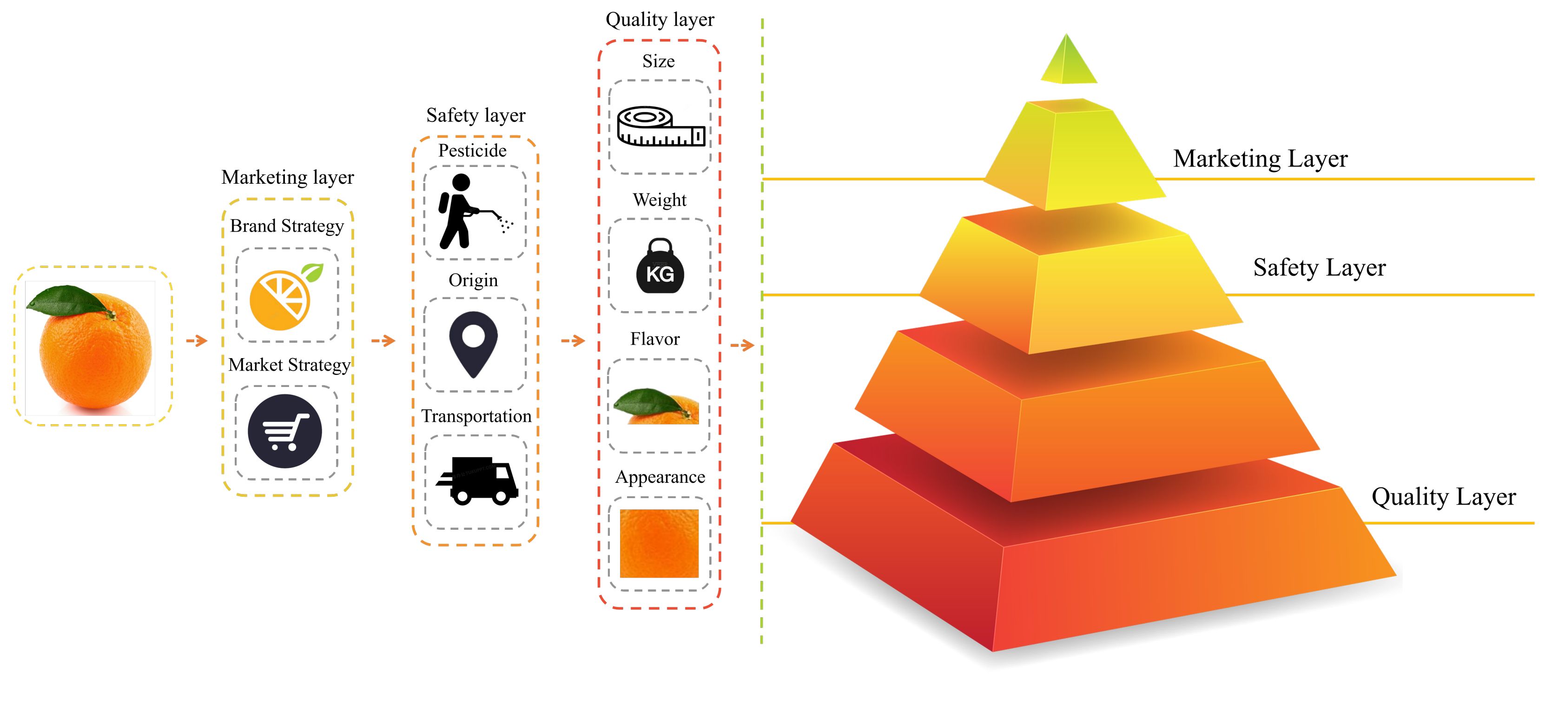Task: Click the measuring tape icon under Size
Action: click(660, 127)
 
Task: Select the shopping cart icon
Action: click(285, 432)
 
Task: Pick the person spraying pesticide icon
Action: click(471, 211)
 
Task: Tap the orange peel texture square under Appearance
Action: click(659, 543)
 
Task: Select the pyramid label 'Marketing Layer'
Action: click(1260, 159)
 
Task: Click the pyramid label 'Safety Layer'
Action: click(1319, 267)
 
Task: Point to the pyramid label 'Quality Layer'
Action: click(1443, 497)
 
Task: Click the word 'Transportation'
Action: click(476, 416)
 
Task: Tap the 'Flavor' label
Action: click(655, 339)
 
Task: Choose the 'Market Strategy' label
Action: click(289, 365)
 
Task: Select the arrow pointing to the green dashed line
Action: click(742, 345)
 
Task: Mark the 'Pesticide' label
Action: click(472, 151)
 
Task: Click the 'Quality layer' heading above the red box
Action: click(660, 20)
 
